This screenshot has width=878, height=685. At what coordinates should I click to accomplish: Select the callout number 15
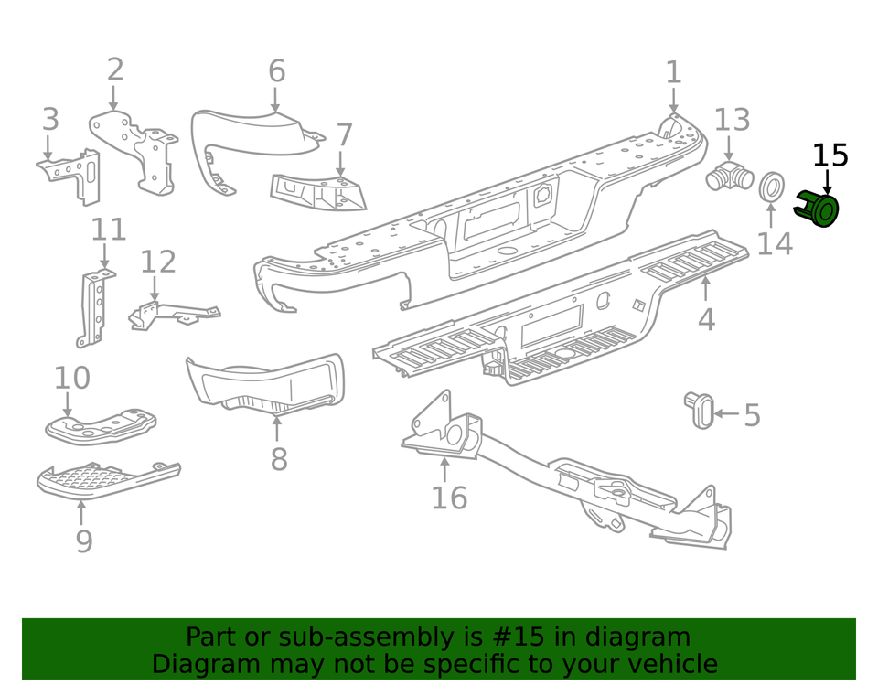click(x=830, y=155)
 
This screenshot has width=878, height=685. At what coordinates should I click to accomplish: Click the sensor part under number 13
click(x=729, y=177)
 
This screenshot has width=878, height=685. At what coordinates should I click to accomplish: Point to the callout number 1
click(x=673, y=72)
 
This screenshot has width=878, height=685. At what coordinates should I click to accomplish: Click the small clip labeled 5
click(x=701, y=411)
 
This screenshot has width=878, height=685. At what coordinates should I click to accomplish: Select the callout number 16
click(x=449, y=498)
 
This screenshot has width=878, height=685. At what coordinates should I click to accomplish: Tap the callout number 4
click(x=706, y=319)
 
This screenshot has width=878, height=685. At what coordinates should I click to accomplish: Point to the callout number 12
click(x=157, y=262)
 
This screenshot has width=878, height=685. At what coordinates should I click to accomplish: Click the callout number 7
click(x=344, y=135)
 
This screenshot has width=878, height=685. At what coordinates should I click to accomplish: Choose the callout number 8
click(x=279, y=458)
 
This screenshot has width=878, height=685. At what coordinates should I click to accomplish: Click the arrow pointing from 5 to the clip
click(x=726, y=414)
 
